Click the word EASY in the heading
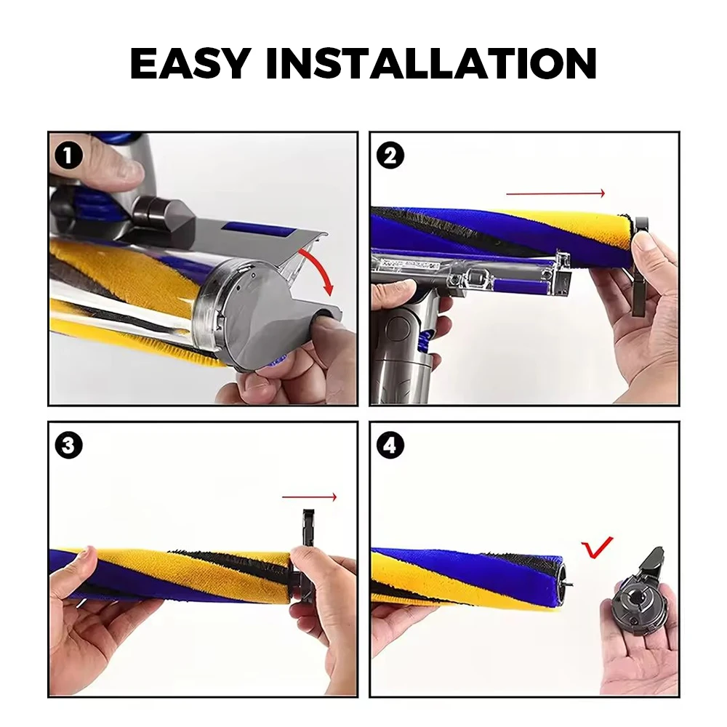tap(190, 63)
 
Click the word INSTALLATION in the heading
tap(431, 63)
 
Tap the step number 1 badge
tap(68, 156)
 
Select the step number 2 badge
tap(390, 156)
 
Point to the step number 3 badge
tap(68, 446)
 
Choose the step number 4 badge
tap(390, 446)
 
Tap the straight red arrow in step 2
tap(555, 193)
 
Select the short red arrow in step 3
tap(309, 497)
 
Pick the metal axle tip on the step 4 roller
tap(570, 583)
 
